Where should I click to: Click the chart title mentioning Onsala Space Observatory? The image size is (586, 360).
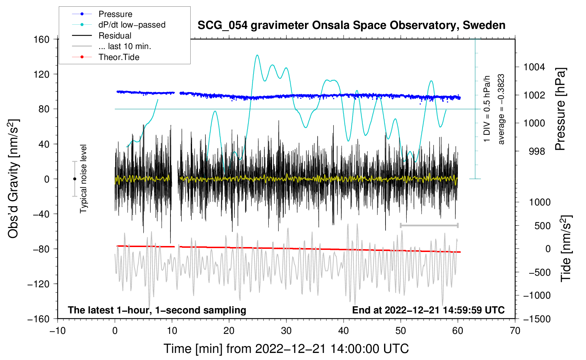(x=351, y=25)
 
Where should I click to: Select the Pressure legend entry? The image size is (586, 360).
(x=115, y=14)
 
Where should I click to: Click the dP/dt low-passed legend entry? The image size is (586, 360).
(x=132, y=25)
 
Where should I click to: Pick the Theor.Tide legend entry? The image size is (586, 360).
(x=119, y=57)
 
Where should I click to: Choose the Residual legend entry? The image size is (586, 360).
(x=115, y=36)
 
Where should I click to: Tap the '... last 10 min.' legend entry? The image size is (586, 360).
(x=125, y=46)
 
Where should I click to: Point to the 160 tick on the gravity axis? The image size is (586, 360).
(x=42, y=39)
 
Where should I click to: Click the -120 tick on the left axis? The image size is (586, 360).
(x=38, y=284)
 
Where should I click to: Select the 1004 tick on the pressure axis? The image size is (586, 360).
(x=534, y=67)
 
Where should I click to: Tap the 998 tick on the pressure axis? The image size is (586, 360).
(x=537, y=151)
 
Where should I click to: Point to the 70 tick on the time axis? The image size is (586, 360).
(x=515, y=331)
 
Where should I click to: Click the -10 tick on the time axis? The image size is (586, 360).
(x=58, y=331)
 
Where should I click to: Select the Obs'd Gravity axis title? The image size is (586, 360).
(x=13, y=179)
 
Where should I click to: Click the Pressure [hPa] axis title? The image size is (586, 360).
(x=560, y=109)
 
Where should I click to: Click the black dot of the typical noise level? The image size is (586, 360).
(x=74, y=179)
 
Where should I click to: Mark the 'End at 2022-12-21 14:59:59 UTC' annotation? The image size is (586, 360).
(x=428, y=310)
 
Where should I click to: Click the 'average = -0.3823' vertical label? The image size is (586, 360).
(x=501, y=109)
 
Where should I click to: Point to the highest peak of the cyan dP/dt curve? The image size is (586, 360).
(x=257, y=55)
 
